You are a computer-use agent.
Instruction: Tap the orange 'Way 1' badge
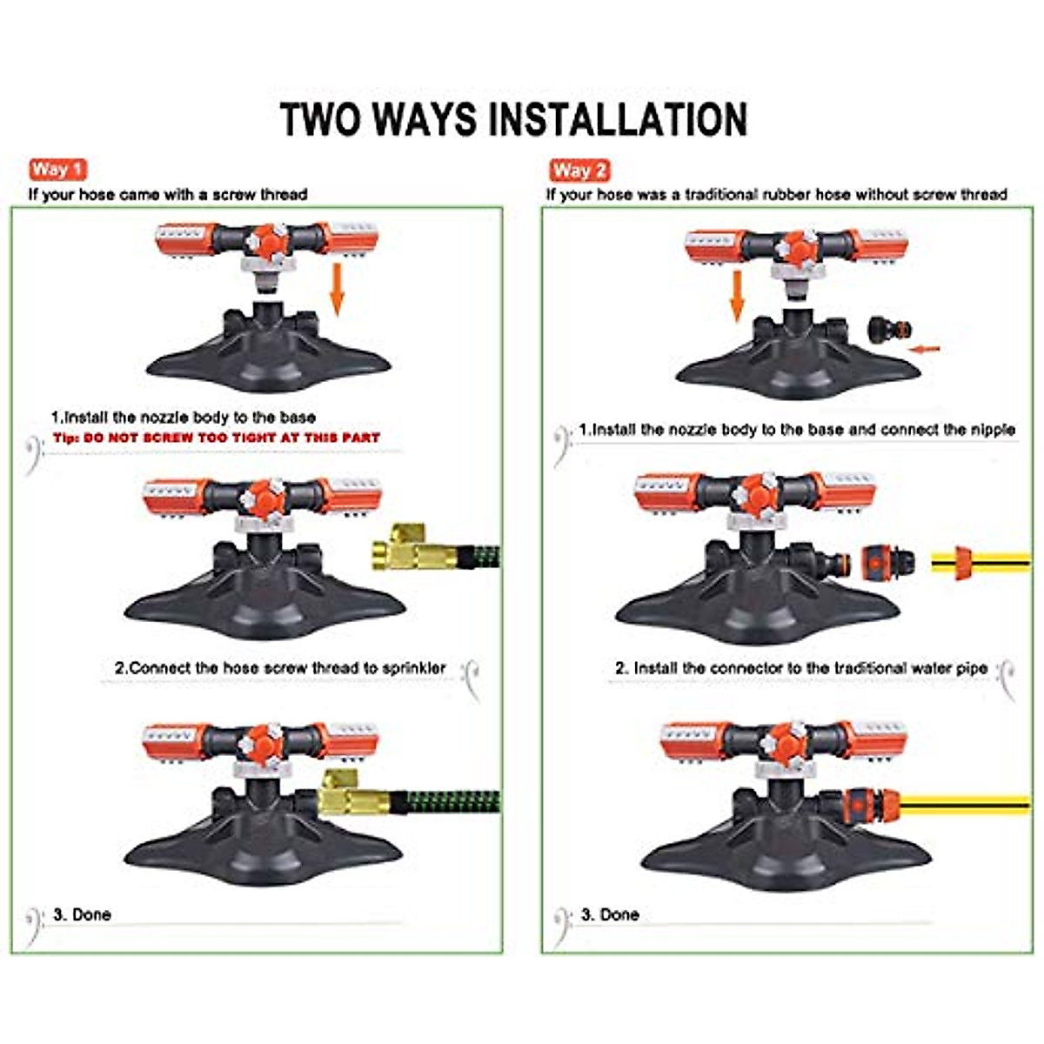pos(57,169)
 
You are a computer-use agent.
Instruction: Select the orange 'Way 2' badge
pos(579,170)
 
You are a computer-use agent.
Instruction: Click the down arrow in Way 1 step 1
pos(337,291)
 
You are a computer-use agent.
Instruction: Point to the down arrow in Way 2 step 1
pos(737,295)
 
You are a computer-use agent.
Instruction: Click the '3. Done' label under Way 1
pos(82,914)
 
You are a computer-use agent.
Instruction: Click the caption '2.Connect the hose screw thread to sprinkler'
pos(280,668)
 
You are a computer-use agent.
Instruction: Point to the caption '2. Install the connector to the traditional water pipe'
pos(801,668)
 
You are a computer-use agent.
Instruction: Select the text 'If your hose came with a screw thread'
pos(168,195)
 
